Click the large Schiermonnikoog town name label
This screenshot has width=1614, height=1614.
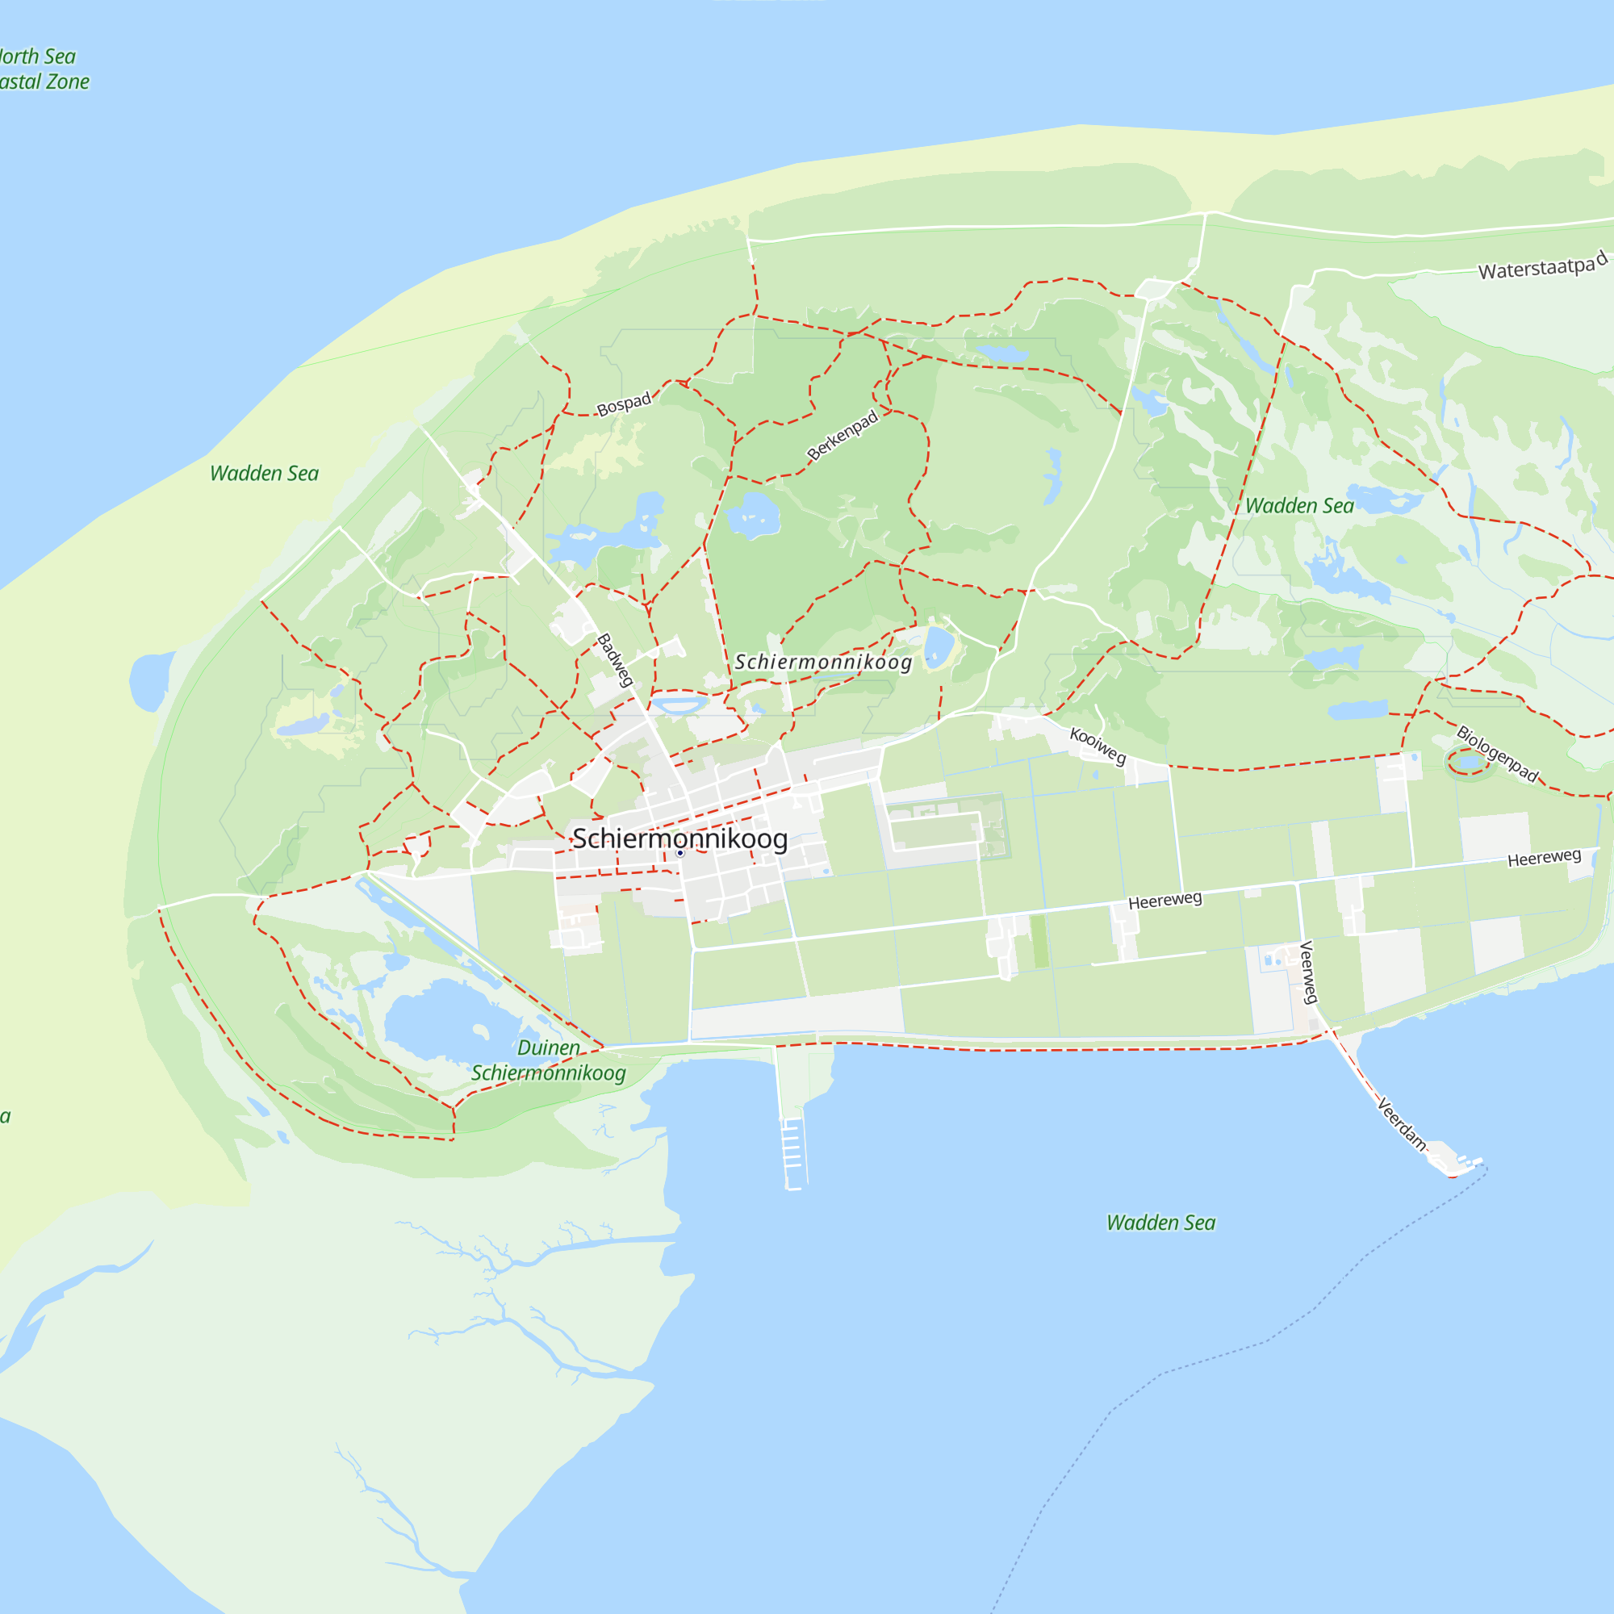pos(679,838)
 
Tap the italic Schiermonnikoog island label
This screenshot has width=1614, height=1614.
pos(823,662)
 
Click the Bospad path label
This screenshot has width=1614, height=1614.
pos(623,404)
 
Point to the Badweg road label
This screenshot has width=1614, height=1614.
pos(615,660)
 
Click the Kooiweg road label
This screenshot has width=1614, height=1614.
pos(1098,745)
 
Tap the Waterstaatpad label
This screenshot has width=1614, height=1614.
pos(1542,266)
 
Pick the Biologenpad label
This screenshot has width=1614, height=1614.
pos(1497,754)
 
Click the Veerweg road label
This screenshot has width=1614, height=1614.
pos(1308,972)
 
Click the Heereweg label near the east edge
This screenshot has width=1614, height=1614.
pos(1544,858)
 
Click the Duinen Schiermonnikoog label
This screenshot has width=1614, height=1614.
pos(548,1060)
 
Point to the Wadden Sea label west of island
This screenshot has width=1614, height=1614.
pos(264,474)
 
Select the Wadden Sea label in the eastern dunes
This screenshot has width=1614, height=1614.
pos(1299,506)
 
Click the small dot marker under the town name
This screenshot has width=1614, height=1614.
pos(680,853)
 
